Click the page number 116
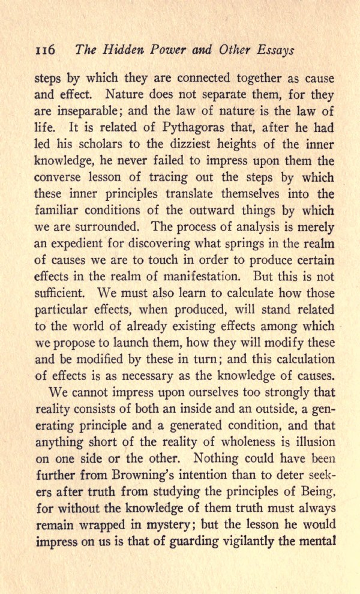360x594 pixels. [46, 50]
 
